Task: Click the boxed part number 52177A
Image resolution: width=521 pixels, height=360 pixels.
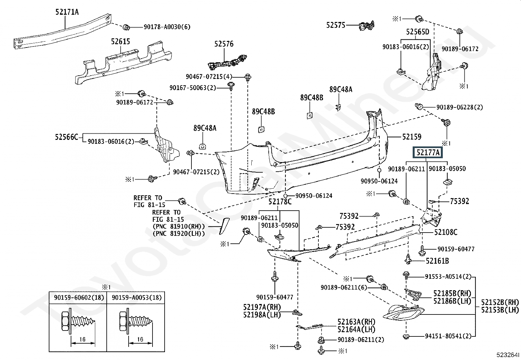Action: tap(428, 153)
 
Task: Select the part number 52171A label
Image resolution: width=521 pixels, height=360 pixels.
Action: tap(67, 12)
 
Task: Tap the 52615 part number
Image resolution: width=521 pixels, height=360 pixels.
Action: tap(120, 42)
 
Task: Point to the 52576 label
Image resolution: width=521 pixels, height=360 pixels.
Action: tap(224, 44)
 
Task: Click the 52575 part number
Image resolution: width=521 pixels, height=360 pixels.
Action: tap(335, 25)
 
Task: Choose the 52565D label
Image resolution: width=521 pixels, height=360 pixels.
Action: tap(417, 32)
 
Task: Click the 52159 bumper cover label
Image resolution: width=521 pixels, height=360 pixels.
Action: tap(412, 137)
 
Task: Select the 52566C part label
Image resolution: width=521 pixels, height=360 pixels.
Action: tap(66, 137)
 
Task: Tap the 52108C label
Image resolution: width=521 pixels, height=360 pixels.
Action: tap(446, 232)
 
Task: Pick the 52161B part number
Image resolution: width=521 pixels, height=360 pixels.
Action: tap(437, 261)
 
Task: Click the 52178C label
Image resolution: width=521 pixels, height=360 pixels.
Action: tap(280, 202)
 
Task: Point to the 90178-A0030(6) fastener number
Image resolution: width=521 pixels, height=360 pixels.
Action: tap(167, 27)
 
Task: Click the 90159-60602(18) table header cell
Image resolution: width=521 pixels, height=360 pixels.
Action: tap(78, 297)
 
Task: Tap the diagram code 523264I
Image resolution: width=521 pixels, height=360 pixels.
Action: tap(507, 354)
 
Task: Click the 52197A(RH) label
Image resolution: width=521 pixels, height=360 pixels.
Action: tap(262, 307)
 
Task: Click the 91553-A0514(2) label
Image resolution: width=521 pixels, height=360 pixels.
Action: tap(448, 277)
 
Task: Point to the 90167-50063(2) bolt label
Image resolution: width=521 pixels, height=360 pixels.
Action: tap(193, 88)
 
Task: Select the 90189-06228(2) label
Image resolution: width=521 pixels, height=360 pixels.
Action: tap(459, 107)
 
